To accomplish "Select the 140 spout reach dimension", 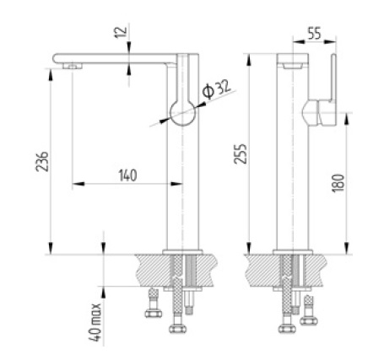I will coord(127,175).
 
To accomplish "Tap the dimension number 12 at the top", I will coord(117,33).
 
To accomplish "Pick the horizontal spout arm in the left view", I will coord(118,56).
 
